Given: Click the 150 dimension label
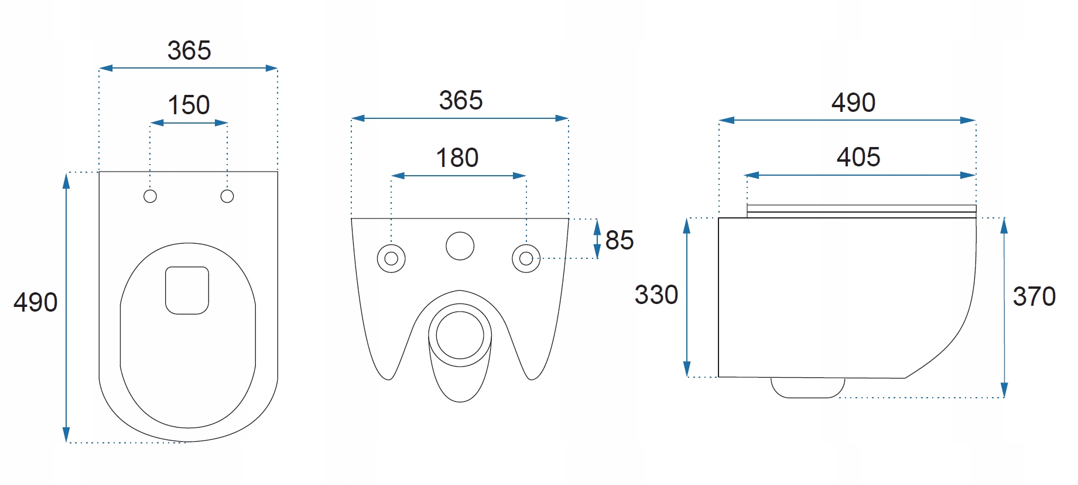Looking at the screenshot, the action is point(189,105).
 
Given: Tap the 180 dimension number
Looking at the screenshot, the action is point(457,158).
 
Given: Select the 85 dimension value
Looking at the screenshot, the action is point(620,240).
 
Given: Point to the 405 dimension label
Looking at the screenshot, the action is point(858,157).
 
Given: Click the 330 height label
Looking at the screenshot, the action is point(656,295).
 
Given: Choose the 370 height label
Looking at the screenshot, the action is point(1034,296).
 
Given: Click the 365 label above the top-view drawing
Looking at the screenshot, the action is point(189,50).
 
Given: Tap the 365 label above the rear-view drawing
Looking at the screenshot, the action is point(461,100).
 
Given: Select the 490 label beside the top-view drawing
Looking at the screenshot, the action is point(36,302).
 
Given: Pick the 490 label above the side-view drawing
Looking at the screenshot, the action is point(854,103).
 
